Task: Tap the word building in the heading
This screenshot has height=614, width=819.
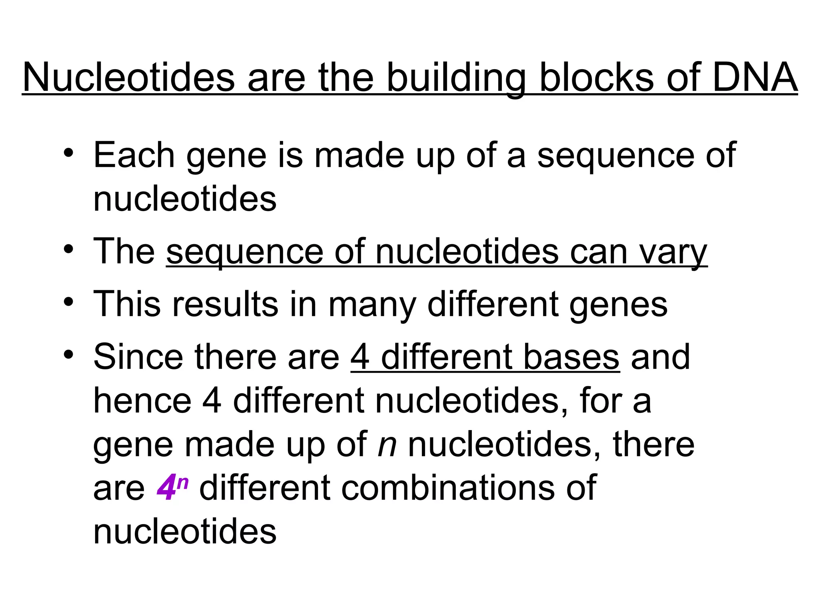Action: [455, 78]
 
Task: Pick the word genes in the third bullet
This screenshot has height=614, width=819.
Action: [618, 305]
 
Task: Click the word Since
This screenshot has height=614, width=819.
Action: [138, 357]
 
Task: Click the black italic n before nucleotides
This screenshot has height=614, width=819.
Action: [387, 445]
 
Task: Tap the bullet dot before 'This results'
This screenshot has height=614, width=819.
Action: [68, 302]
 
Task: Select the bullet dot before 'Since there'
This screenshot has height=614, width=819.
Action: [68, 354]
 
